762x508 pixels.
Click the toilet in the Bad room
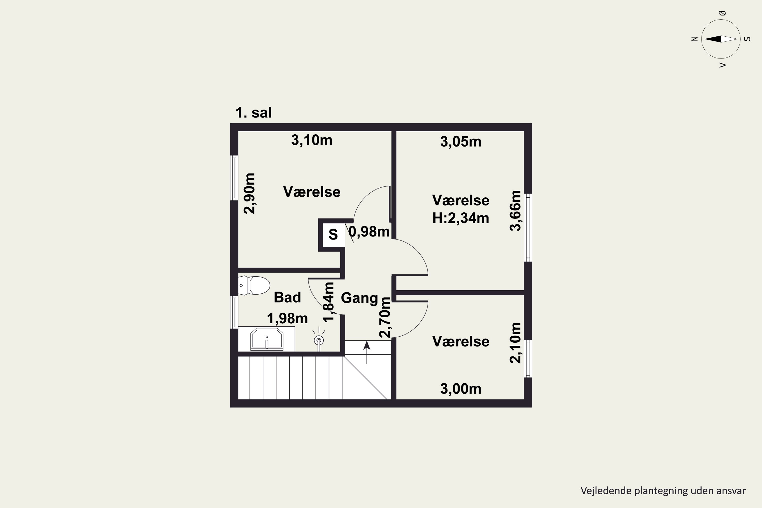coord(254,285)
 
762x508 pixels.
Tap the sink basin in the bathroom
coord(267,339)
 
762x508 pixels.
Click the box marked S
coord(333,234)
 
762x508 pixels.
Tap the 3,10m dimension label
coord(312,140)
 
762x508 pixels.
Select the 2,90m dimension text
coord(250,193)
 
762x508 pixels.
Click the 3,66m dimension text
coord(515,211)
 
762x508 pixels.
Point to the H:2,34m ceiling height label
coord(461,218)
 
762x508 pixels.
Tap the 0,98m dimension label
coord(369,232)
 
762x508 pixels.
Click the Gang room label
coord(360,298)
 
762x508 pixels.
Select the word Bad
coord(287,297)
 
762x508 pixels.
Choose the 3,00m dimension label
coord(461,389)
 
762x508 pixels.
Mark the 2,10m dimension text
coord(515,343)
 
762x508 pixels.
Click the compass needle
coord(721,39)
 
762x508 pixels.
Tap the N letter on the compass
coord(694,39)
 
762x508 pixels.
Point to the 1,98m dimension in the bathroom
coord(287,319)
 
